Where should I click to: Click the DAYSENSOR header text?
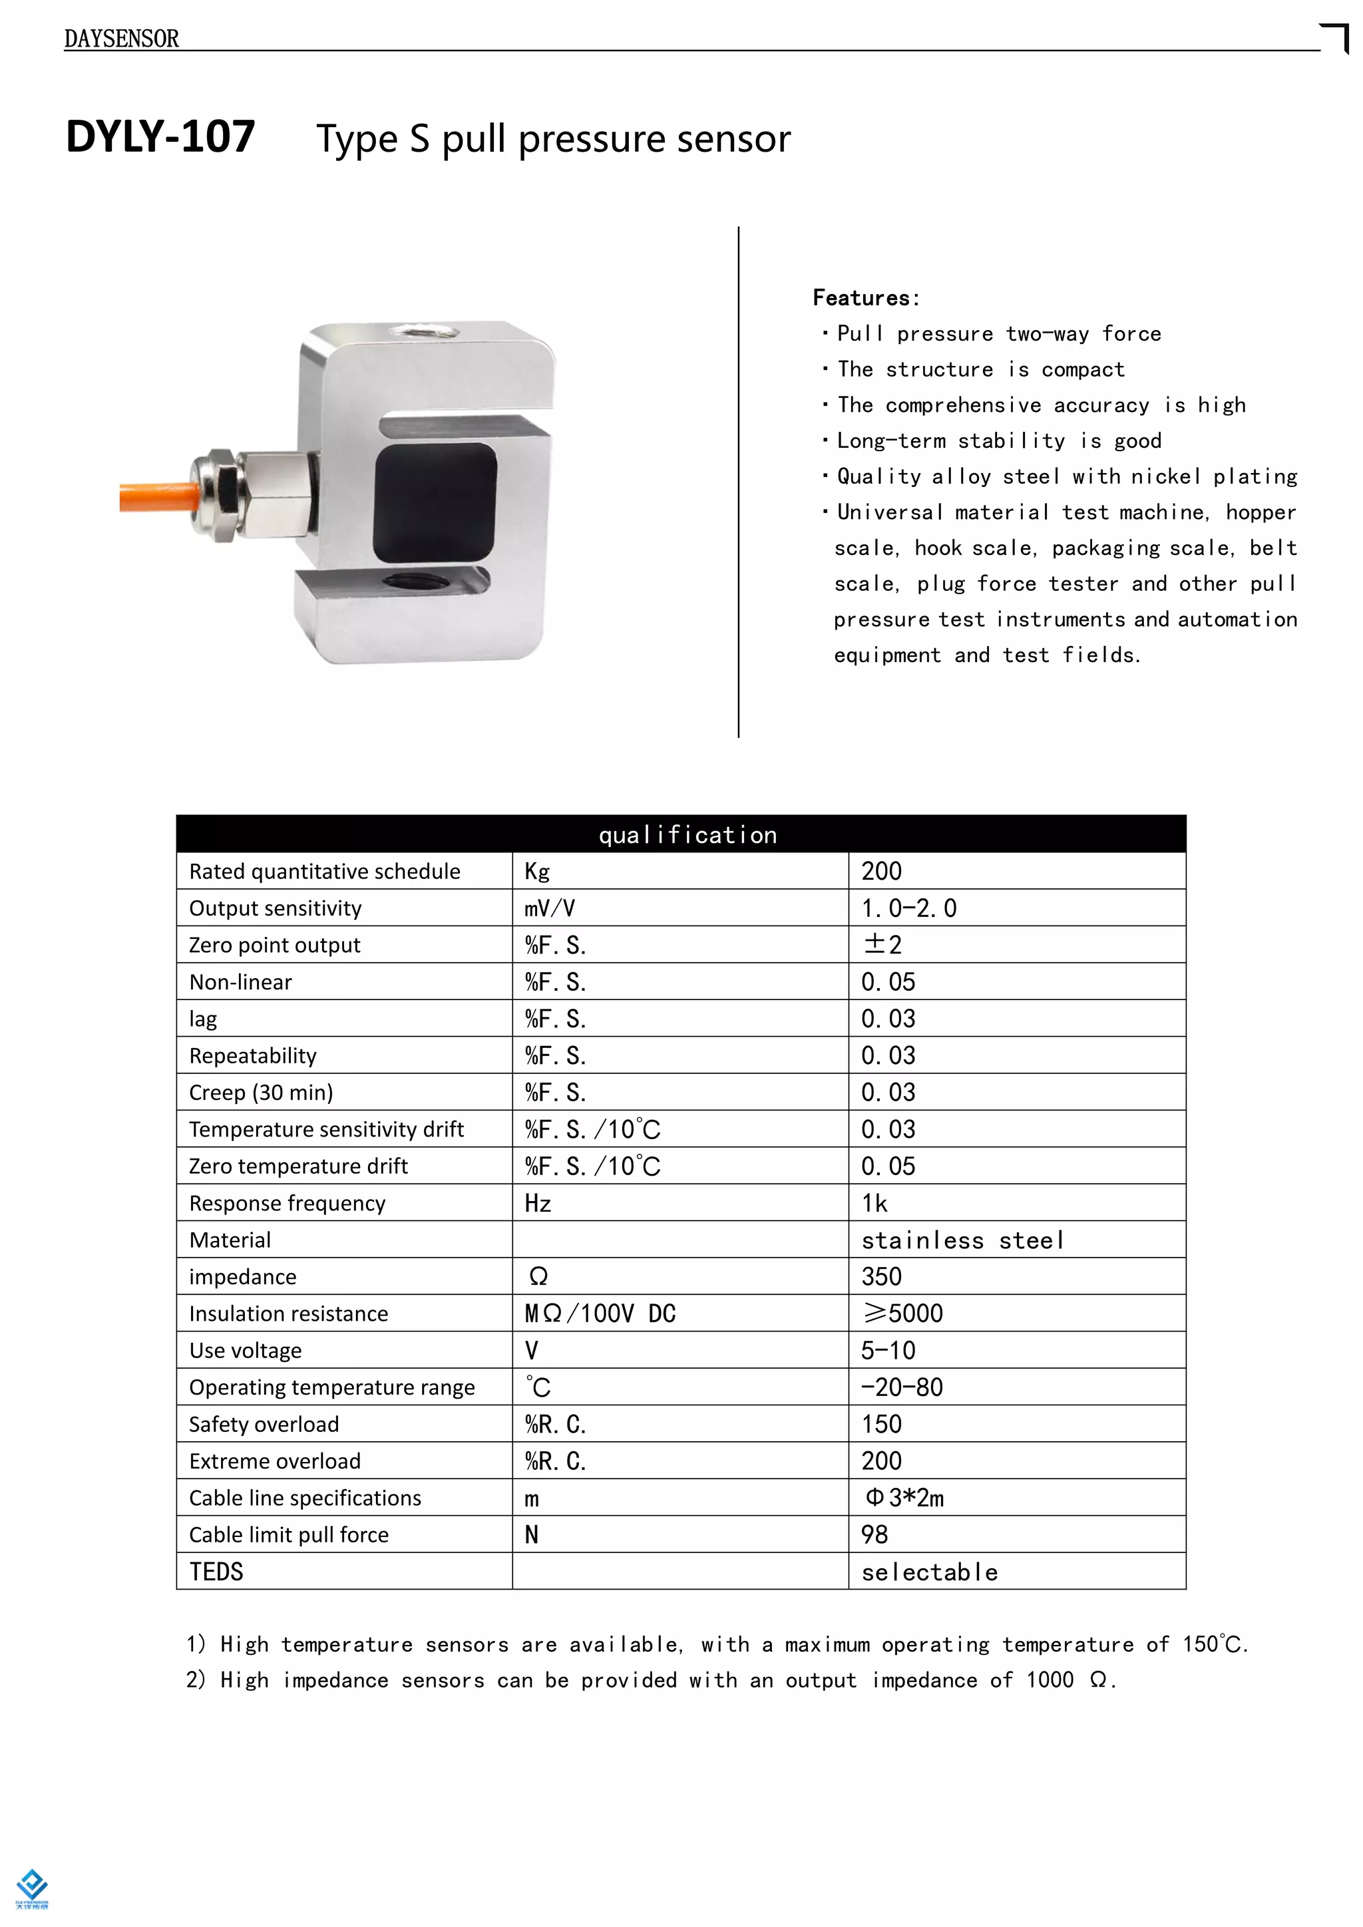(x=121, y=39)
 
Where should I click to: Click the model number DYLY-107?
(x=160, y=137)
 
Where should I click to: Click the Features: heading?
(x=865, y=298)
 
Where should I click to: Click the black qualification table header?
(x=681, y=834)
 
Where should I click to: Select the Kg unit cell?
(x=537, y=871)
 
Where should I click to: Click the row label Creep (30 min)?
(x=261, y=1092)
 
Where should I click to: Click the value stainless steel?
(x=962, y=1240)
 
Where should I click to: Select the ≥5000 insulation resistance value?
(x=902, y=1314)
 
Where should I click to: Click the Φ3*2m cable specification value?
(x=904, y=1498)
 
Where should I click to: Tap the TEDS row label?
(x=216, y=1571)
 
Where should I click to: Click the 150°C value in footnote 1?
(x=1213, y=1644)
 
